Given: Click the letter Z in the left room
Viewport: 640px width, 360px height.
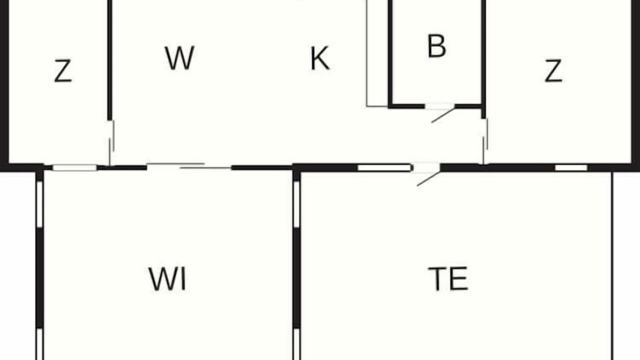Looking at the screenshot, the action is [x=63, y=71].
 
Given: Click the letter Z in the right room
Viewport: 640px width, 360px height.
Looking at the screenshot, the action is [x=553, y=71].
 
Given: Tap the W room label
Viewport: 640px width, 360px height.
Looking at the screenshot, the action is [x=179, y=58].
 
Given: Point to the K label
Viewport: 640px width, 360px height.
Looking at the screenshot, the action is [x=320, y=58].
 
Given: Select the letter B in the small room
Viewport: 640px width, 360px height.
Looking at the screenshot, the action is [x=436, y=46].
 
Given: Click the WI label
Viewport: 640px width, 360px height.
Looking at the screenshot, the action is [x=167, y=279].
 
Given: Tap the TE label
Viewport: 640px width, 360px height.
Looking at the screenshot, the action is [x=448, y=278].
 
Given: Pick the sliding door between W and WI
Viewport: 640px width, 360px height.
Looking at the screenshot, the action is [x=189, y=166].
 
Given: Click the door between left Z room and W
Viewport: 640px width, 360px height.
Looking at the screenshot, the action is [x=111, y=142].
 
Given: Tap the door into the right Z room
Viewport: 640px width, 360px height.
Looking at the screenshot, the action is [x=485, y=141].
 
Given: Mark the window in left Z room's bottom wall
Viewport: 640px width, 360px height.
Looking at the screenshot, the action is [x=75, y=167].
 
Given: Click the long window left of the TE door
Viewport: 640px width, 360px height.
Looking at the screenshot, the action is [x=384, y=167].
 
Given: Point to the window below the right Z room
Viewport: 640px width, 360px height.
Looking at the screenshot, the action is [x=571, y=167].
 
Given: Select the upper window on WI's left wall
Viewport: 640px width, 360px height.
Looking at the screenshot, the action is [x=39, y=204].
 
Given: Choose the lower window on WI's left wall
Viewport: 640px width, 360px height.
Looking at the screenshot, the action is [x=39, y=344].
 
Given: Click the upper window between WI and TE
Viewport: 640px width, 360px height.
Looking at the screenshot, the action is [x=296, y=204].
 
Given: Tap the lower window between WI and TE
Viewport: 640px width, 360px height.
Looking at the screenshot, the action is [x=296, y=344].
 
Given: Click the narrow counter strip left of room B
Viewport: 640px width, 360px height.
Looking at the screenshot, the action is [x=377, y=53].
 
